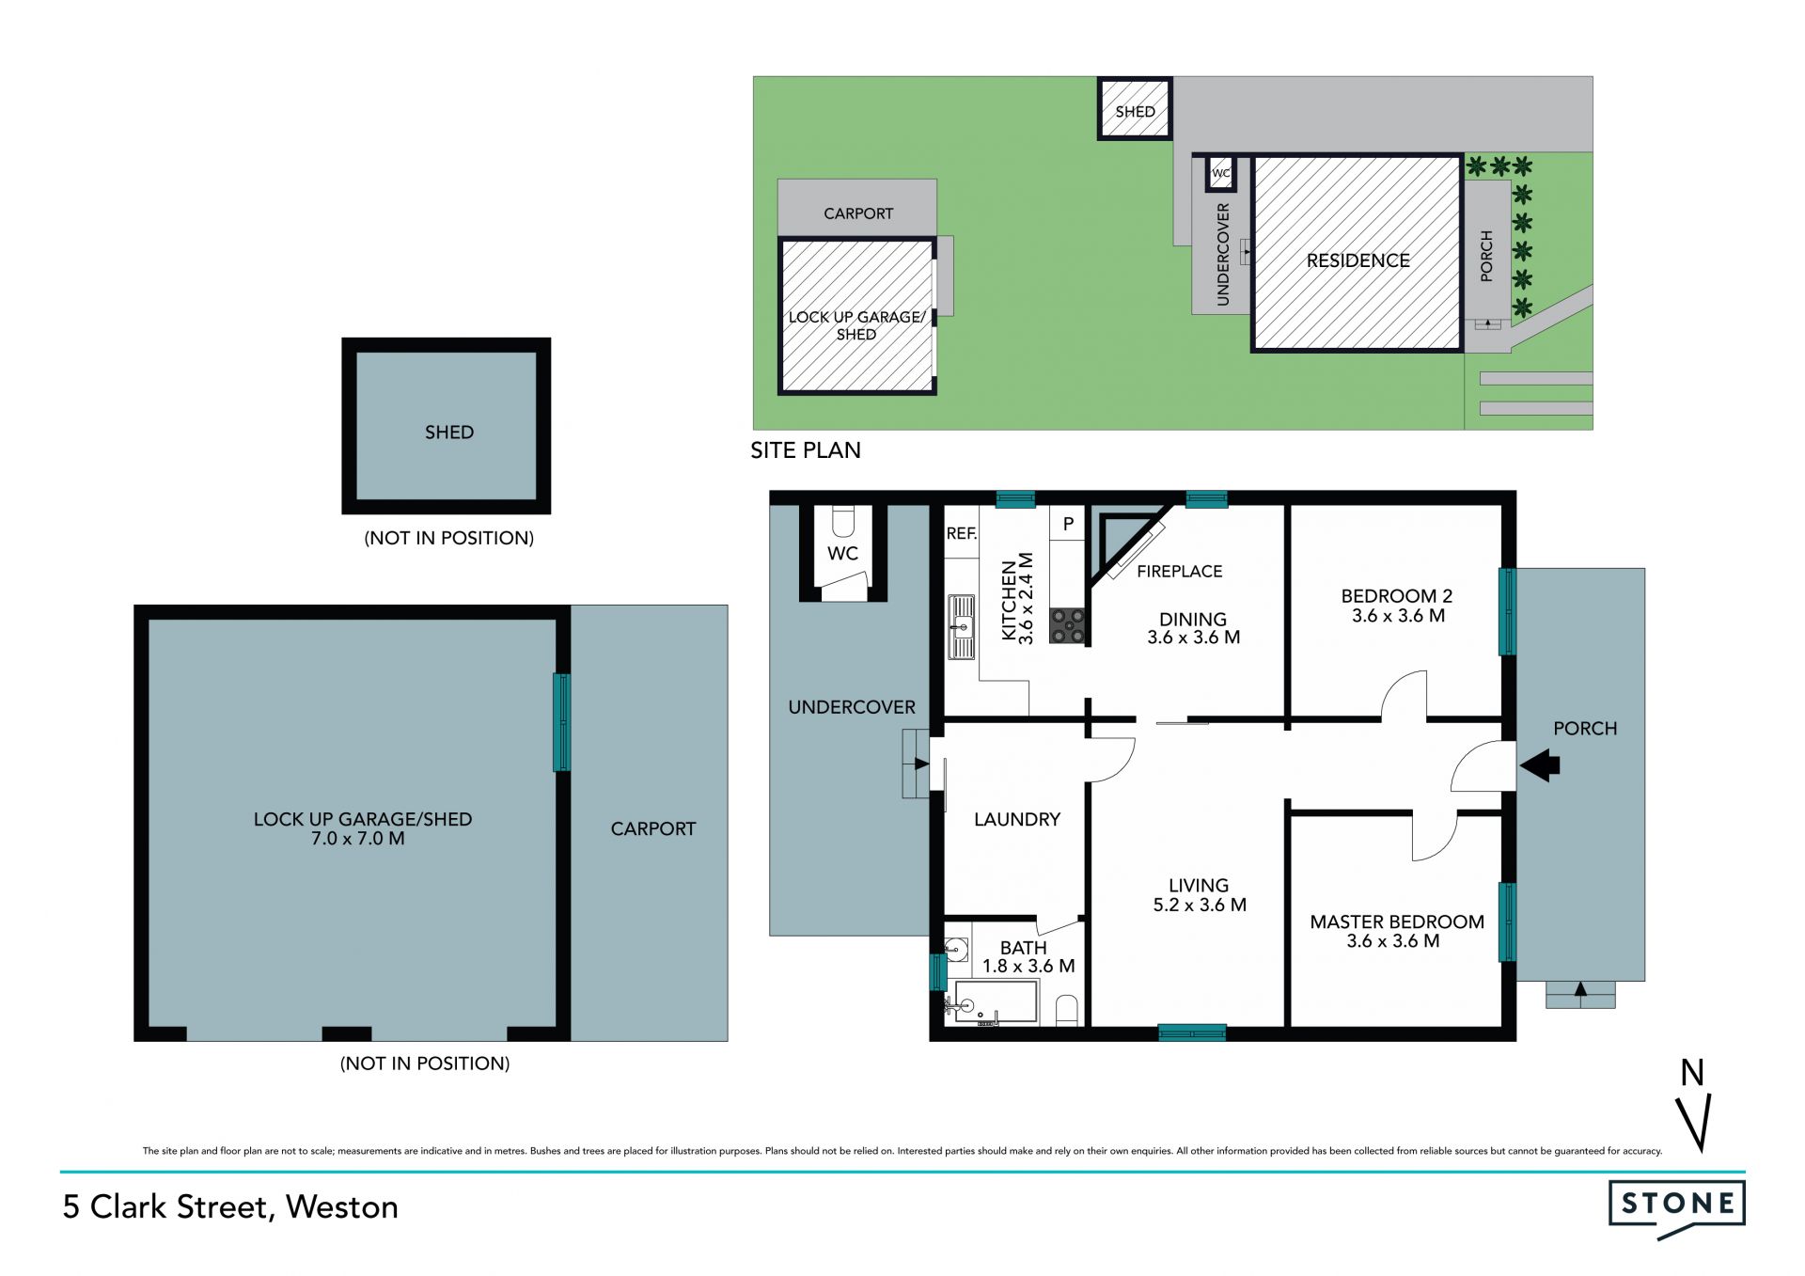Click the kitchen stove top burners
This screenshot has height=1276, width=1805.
1067,626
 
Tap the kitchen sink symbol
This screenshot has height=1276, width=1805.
961,626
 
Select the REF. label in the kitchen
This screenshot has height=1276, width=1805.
962,533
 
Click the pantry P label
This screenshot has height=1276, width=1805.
1068,524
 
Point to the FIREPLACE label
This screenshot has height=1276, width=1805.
1179,571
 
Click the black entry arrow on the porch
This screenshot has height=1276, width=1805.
1540,765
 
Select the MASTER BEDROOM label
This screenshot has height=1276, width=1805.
1397,922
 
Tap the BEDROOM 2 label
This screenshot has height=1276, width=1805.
1397,595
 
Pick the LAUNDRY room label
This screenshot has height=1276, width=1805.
1017,819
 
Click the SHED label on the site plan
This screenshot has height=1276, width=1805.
1135,112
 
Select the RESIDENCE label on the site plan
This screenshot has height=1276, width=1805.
1358,260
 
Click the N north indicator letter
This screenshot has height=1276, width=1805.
1692,1073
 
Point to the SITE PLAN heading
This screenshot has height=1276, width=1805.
806,450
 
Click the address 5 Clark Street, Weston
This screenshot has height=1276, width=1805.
230,1207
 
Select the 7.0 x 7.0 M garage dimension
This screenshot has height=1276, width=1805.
358,839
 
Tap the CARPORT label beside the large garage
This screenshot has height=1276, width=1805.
653,828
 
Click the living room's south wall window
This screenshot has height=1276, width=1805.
1192,1032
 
